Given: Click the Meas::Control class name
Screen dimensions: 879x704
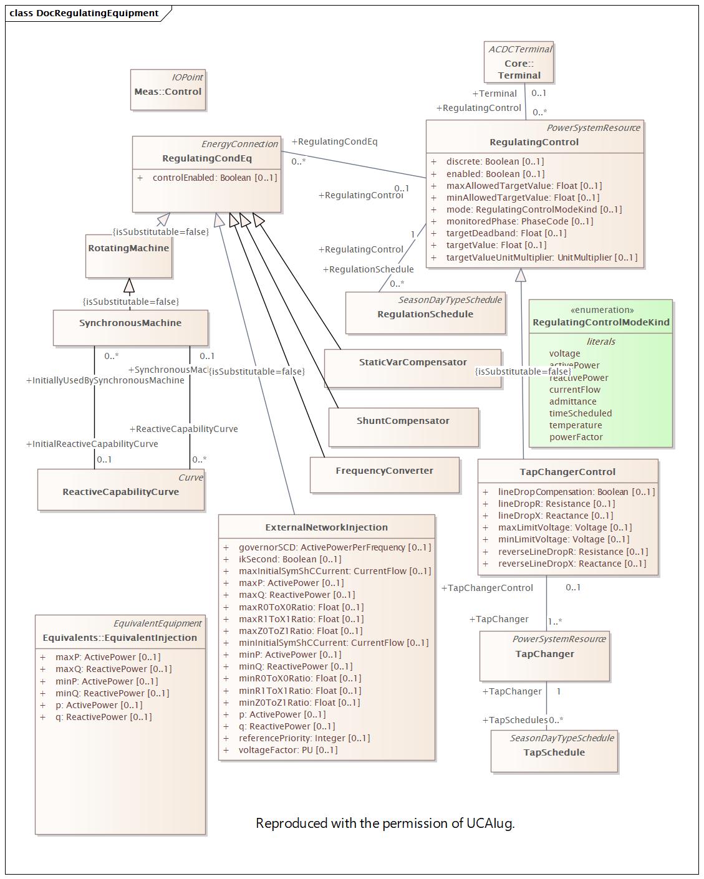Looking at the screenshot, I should (168, 92).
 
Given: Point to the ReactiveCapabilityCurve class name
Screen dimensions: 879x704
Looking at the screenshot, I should (120, 492).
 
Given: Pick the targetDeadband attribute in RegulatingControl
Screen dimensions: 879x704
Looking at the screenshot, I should (506, 233).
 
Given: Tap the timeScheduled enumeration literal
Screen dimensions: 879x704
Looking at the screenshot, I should (580, 413).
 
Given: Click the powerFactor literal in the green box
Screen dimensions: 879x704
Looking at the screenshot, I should (576, 437).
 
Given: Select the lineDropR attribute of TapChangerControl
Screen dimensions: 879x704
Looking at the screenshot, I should (556, 504).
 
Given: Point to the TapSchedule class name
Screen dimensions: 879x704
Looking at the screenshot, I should (554, 752).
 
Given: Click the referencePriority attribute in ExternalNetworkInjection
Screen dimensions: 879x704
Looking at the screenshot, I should (304, 738).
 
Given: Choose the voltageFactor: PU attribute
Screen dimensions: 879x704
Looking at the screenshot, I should (287, 750).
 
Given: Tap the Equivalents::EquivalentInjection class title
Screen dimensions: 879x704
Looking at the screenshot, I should (120, 638).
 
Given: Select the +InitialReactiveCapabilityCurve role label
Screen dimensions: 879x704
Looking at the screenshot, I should (92, 444).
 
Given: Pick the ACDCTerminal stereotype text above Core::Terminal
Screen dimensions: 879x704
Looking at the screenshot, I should (519, 49).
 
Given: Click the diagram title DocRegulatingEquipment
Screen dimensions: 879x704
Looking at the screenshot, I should (97, 13).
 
